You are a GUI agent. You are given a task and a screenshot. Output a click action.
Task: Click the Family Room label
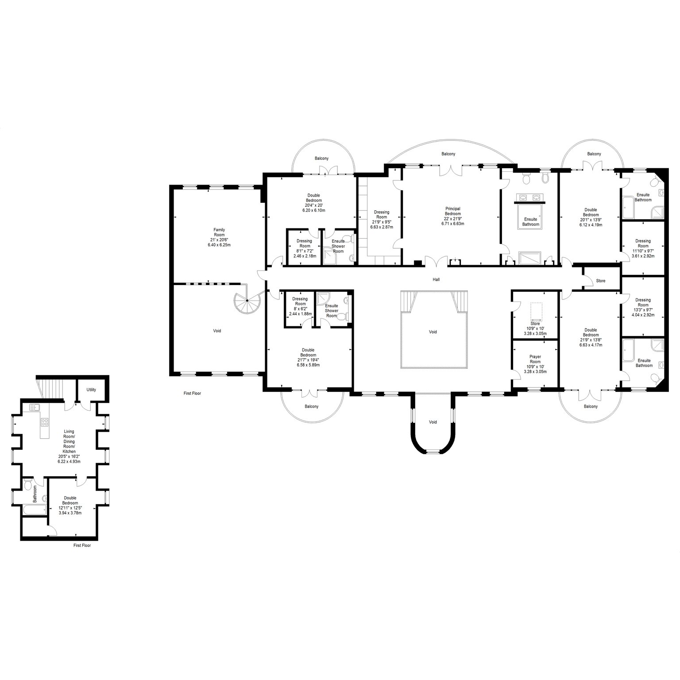(x=219, y=232)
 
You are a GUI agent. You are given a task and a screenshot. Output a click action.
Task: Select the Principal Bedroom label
(x=452, y=211)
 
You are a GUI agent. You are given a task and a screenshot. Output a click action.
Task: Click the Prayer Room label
(x=535, y=359)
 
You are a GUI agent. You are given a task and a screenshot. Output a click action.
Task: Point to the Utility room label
(x=91, y=390)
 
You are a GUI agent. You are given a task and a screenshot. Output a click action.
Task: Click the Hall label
(x=437, y=279)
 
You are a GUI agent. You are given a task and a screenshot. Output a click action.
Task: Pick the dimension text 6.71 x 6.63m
(x=452, y=224)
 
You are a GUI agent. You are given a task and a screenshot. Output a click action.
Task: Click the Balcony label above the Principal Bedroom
(x=448, y=154)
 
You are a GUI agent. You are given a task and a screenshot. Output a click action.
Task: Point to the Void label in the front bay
(x=433, y=422)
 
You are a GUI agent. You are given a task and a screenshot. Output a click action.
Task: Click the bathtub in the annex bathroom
(x=34, y=510)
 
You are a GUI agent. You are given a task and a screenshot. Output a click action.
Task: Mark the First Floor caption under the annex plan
(x=82, y=545)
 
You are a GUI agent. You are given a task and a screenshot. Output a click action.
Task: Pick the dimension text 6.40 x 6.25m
(x=219, y=244)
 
